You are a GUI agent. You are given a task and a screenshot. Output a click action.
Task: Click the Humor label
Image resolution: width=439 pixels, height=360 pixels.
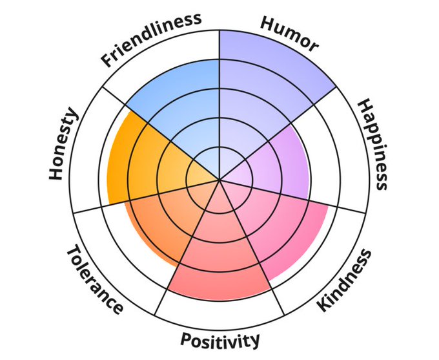coord(290,33)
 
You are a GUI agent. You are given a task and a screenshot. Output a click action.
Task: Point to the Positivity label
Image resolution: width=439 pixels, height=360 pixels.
coord(220,340)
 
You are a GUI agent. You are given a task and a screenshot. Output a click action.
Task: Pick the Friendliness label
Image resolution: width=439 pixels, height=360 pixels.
coord(150,38)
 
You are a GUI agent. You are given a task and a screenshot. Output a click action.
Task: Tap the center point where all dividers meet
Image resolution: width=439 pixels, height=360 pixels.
coord(219,180)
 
